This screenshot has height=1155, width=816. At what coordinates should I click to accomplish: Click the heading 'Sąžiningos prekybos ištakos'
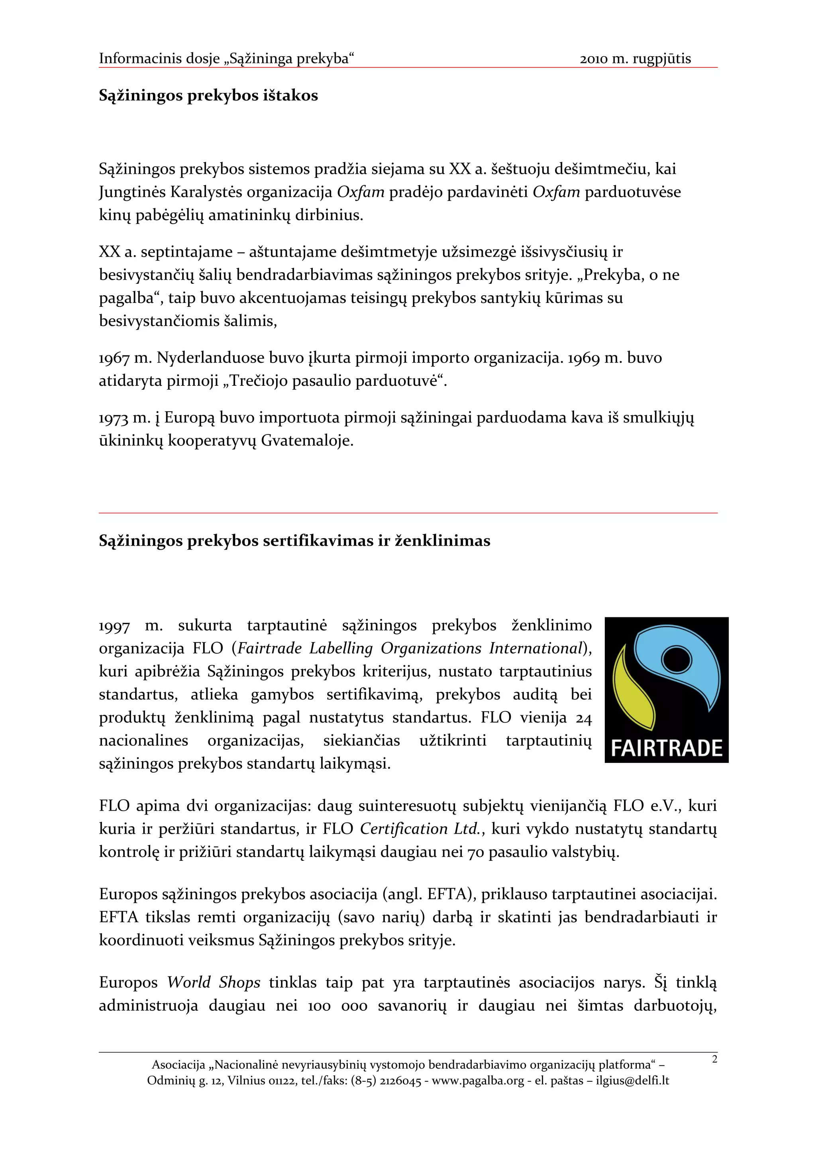[x=208, y=96]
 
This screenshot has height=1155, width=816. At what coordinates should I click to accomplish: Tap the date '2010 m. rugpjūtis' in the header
[x=635, y=59]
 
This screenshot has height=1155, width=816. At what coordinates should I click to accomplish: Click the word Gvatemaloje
[x=307, y=441]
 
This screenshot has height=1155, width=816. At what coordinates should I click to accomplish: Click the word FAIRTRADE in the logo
[x=666, y=748]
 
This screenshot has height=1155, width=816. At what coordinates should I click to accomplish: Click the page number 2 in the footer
[x=714, y=1059]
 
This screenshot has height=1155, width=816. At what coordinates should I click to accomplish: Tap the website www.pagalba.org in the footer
[x=478, y=1080]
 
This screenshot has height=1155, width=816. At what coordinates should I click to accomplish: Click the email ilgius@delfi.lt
[x=632, y=1080]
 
